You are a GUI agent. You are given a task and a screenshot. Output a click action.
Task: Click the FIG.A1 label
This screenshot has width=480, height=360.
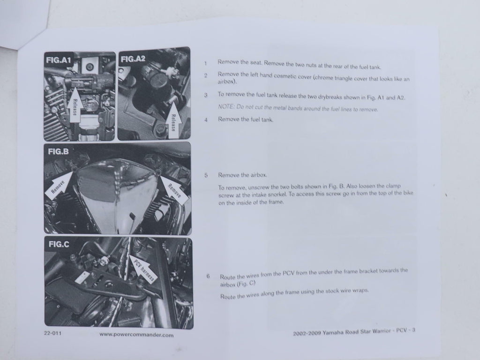pyautogui.click(x=59, y=60)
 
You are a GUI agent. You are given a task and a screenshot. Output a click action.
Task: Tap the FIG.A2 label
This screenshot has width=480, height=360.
pyautogui.click(x=133, y=59)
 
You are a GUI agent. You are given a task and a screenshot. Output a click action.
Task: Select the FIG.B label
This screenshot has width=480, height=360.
pyautogui.click(x=59, y=151)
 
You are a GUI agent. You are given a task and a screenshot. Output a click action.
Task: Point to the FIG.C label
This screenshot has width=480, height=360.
pyautogui.click(x=59, y=244)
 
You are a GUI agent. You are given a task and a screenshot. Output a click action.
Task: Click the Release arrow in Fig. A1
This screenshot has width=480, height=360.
pyautogui.click(x=75, y=105)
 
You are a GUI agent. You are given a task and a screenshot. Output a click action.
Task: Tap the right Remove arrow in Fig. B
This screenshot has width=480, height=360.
pyautogui.click(x=172, y=188)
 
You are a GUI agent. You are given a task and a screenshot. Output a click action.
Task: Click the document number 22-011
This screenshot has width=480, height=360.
pyautogui.click(x=52, y=333)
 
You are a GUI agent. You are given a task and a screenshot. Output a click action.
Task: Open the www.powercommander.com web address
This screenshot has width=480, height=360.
pyautogui.click(x=136, y=335)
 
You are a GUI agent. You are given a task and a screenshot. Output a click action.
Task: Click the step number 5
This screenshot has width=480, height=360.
pyautogui.click(x=206, y=175)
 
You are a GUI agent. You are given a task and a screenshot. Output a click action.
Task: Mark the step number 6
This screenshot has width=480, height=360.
pyautogui.click(x=208, y=276)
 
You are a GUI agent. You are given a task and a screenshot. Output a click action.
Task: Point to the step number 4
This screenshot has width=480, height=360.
pyautogui.click(x=206, y=120)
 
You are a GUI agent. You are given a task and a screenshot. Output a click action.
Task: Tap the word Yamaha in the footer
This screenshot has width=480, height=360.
pyautogui.click(x=333, y=332)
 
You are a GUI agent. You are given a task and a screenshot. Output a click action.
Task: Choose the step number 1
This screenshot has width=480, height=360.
pyautogui.click(x=206, y=63)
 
